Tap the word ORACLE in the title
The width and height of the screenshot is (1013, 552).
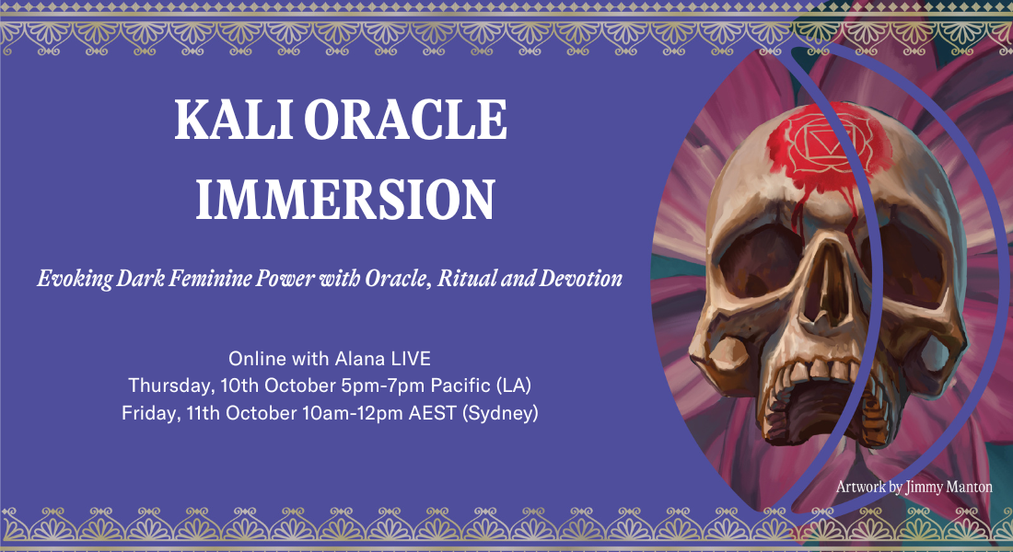point(405,120)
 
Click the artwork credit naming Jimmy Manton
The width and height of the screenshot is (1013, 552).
point(914,487)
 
